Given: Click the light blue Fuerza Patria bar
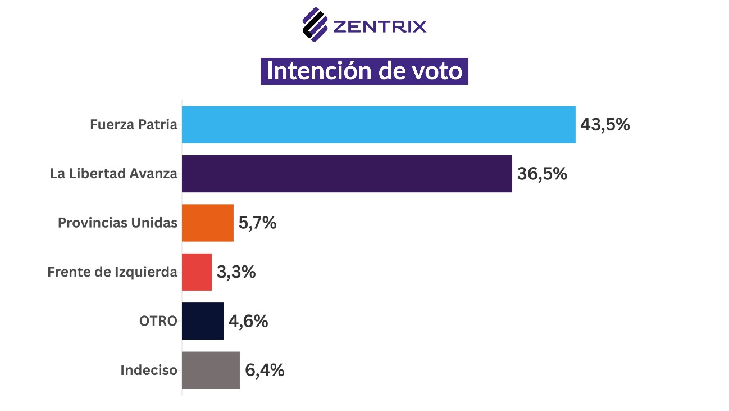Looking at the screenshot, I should pyautogui.click(x=379, y=124).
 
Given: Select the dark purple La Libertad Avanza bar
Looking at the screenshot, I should pyautogui.click(x=347, y=174).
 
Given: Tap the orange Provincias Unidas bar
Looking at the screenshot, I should pyautogui.click(x=207, y=223).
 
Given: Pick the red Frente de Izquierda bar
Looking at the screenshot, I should pyautogui.click(x=197, y=272).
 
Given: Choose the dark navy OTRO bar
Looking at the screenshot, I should pyautogui.click(x=202, y=321).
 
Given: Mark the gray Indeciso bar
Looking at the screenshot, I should pyautogui.click(x=211, y=370).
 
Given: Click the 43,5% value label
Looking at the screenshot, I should pyautogui.click(x=605, y=124).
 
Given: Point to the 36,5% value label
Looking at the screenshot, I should pyautogui.click(x=542, y=174).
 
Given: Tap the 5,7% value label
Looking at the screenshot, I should pyautogui.click(x=258, y=223).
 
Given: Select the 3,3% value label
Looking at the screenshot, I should pyautogui.click(x=236, y=272).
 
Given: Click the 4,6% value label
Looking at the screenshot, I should pyautogui.click(x=248, y=321).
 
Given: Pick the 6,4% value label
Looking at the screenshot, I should pyautogui.click(x=265, y=370).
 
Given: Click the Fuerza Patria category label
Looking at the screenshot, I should pyautogui.click(x=134, y=124).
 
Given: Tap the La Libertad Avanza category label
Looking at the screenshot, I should pyautogui.click(x=113, y=174).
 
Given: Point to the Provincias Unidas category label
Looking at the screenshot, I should pyautogui.click(x=117, y=223).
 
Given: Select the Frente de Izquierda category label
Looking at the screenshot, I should pyautogui.click(x=112, y=272).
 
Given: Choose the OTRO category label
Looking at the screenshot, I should pyautogui.click(x=158, y=321).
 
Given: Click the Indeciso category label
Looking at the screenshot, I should pyautogui.click(x=149, y=370).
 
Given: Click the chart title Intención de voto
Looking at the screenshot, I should pyautogui.click(x=364, y=71).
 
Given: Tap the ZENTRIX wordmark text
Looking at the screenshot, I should pyautogui.click(x=380, y=26).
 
